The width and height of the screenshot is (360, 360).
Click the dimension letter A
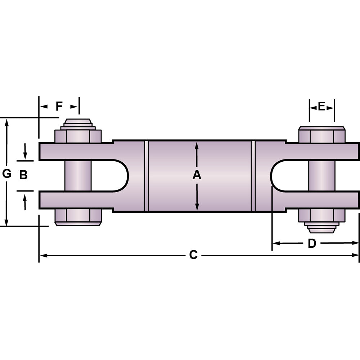(x=197, y=175)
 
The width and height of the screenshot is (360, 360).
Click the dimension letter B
(x=23, y=175)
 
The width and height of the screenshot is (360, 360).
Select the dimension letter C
(x=193, y=255)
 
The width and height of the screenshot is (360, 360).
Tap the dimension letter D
(x=312, y=243)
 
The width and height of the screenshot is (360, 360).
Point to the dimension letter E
(x=321, y=106)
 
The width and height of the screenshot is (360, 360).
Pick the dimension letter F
(x=59, y=106)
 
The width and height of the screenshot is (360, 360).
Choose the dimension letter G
(x=6, y=174)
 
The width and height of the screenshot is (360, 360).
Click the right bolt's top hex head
(x=322, y=135)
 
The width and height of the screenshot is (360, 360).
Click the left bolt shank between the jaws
(x=78, y=175)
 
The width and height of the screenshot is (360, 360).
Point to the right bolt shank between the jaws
(x=322, y=175)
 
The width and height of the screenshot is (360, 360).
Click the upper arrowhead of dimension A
(x=197, y=145)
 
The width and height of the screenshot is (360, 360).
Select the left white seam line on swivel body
(x=146, y=176)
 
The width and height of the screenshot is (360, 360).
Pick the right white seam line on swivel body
(x=253, y=176)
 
